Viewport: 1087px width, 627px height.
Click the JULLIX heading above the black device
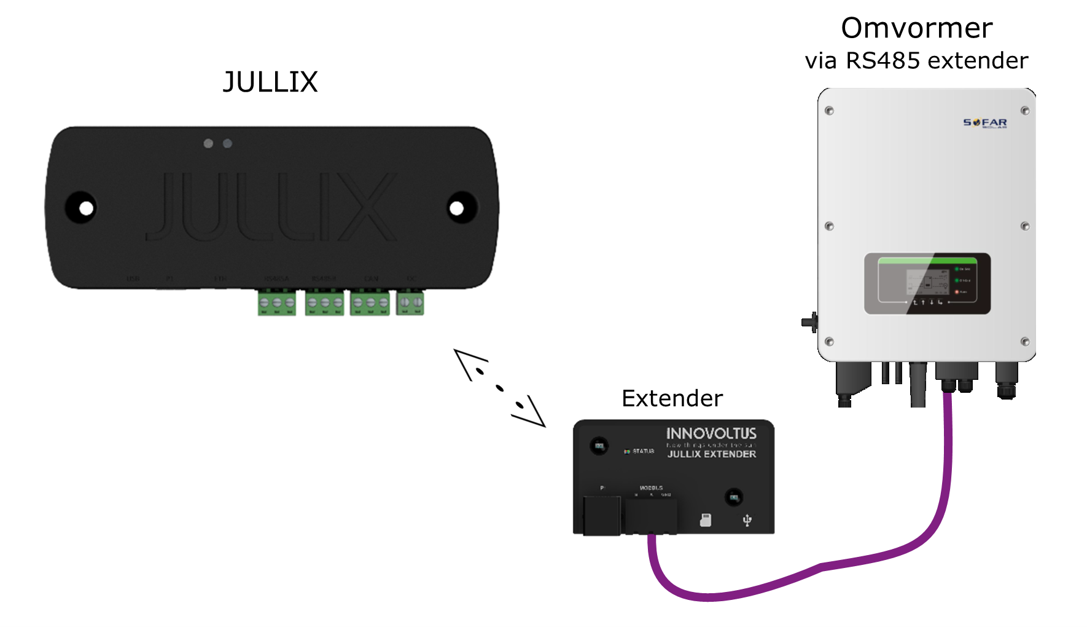point(270,82)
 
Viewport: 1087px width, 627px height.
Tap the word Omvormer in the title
point(916,28)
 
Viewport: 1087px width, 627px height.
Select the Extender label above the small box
point(672,398)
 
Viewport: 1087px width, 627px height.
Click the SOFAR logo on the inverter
point(984,123)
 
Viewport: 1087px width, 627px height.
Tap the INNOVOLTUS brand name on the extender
point(711,433)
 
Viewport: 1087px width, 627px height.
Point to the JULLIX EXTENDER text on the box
point(712,454)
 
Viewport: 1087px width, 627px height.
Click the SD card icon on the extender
point(706,521)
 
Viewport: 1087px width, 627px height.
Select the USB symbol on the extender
point(747,521)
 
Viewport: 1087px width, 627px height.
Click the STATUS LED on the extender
point(627,451)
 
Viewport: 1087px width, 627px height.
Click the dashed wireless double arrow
point(499,388)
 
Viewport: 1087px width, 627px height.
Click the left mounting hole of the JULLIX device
point(86,208)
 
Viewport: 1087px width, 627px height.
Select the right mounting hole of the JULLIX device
point(456,208)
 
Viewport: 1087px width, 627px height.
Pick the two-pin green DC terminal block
point(410,303)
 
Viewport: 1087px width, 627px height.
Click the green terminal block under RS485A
point(276,303)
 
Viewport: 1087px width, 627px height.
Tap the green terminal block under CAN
point(370,303)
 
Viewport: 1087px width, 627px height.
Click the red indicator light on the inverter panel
point(957,291)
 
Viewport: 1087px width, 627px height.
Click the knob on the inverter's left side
point(810,321)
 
